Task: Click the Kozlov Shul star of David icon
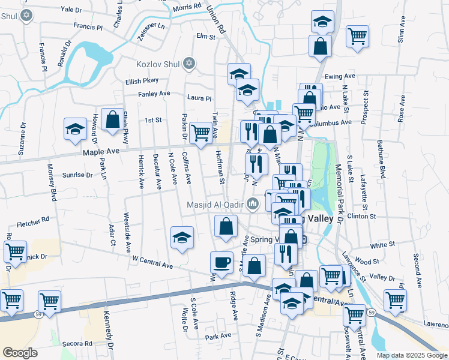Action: pyautogui.click(x=190, y=63)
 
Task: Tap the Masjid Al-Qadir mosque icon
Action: pyautogui.click(x=253, y=206)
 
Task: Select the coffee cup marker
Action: pyautogui.click(x=221, y=262)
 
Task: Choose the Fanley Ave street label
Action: pyautogui.click(x=154, y=94)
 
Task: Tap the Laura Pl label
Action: pyautogui.click(x=199, y=98)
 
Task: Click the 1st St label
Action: pyautogui.click(x=153, y=120)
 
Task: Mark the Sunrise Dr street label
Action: pyautogui.click(x=77, y=175)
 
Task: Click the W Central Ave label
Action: pyautogui.click(x=152, y=262)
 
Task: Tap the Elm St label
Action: pyautogui.click(x=205, y=37)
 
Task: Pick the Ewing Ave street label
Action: pyautogui.click(x=340, y=77)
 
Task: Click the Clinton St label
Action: pyautogui.click(x=361, y=216)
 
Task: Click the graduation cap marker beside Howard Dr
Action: pyautogui.click(x=76, y=130)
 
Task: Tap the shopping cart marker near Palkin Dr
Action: pyautogui.click(x=200, y=132)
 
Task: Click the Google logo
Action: pyautogui.click(x=20, y=353)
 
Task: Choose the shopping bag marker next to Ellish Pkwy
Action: pyautogui.click(x=112, y=119)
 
